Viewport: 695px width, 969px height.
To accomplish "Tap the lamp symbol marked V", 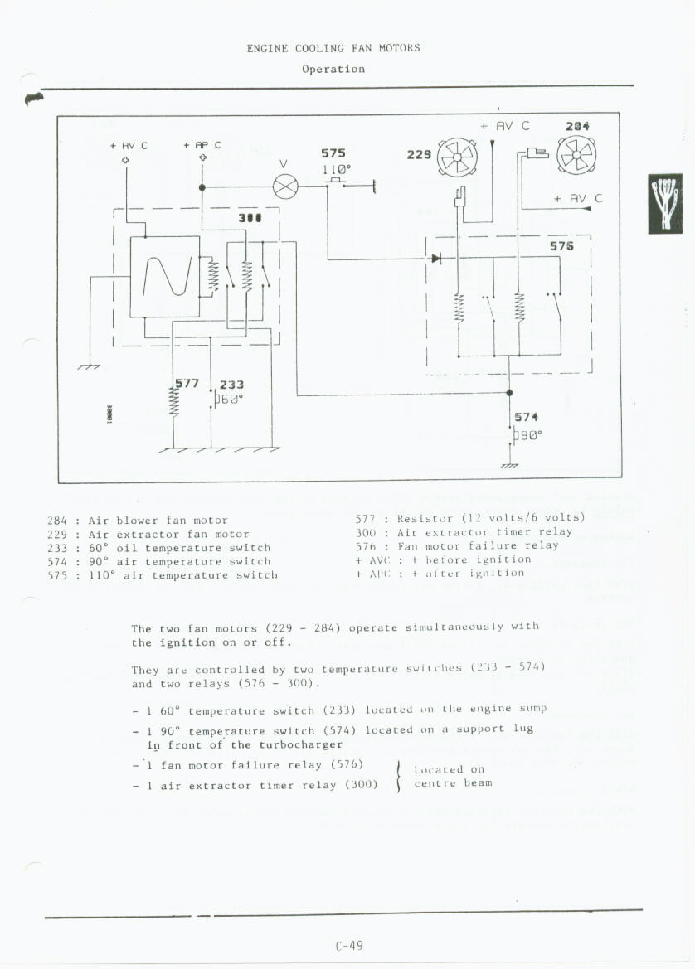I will pyautogui.click(x=284, y=187).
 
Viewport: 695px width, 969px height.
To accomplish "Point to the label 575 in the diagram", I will pyautogui.click(x=333, y=153).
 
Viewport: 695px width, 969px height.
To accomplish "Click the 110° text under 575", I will pyautogui.click(x=336, y=168).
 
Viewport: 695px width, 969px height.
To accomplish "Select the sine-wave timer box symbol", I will pyautogui.click(x=164, y=276).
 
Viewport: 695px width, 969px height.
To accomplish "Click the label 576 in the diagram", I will pyautogui.click(x=561, y=246).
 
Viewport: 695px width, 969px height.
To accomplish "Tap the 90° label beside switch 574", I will pyautogui.click(x=529, y=434).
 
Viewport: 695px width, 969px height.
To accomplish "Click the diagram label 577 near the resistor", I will pyautogui.click(x=187, y=383).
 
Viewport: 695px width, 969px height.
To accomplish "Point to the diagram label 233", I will pyautogui.click(x=231, y=385).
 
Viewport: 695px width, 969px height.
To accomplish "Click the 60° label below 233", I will pyautogui.click(x=230, y=398).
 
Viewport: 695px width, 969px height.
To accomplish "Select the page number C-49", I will pyautogui.click(x=349, y=945).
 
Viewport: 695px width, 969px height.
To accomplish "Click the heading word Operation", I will pyautogui.click(x=333, y=69).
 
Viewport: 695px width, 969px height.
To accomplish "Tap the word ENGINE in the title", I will pyautogui.click(x=267, y=48).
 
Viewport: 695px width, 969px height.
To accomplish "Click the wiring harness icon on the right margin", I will pyautogui.click(x=664, y=203).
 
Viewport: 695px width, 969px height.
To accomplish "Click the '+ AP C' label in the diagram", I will pyautogui.click(x=202, y=145).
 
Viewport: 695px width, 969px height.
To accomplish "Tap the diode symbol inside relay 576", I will pyautogui.click(x=435, y=259).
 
